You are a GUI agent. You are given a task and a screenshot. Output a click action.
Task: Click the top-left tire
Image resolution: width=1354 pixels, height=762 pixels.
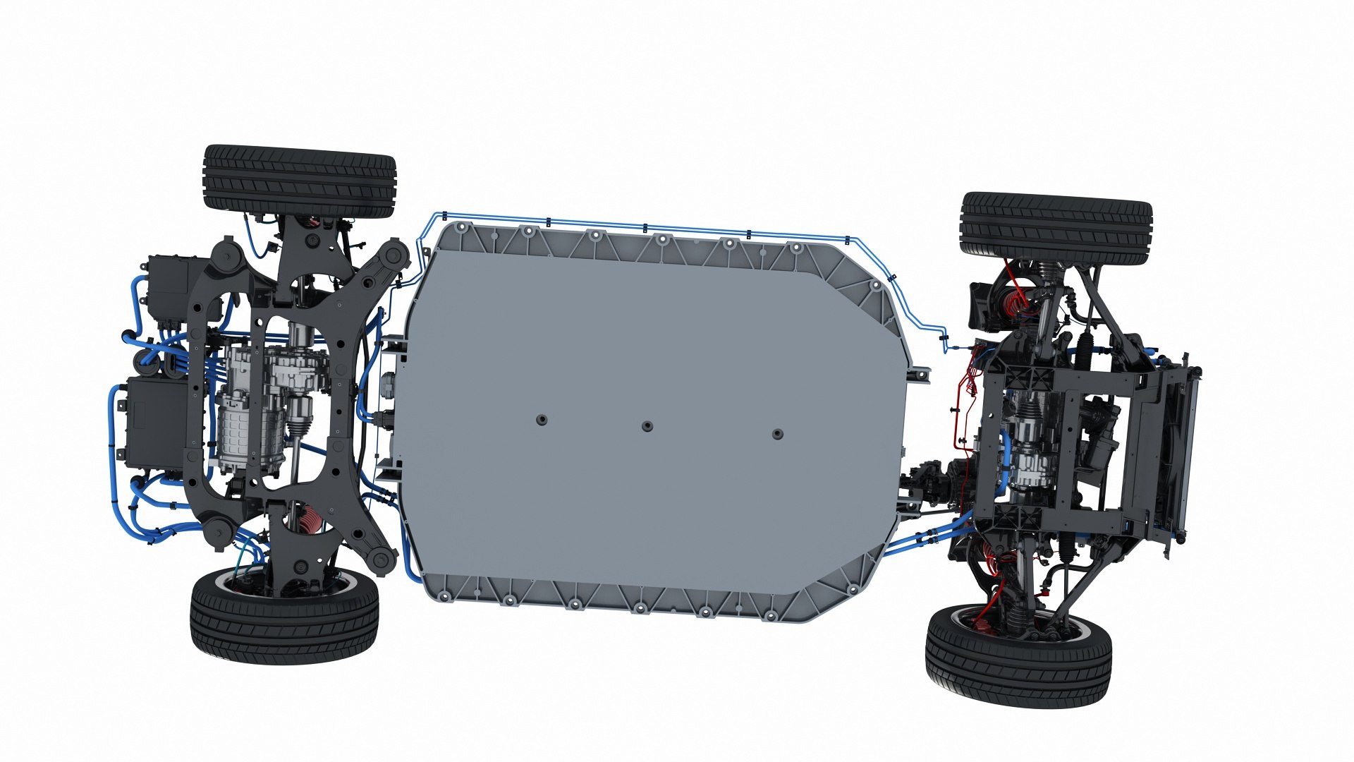point(300,181)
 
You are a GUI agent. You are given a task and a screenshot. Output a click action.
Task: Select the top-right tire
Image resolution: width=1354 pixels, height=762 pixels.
point(1056,224)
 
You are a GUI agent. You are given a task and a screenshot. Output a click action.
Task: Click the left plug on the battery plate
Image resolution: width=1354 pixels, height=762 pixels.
point(541,420)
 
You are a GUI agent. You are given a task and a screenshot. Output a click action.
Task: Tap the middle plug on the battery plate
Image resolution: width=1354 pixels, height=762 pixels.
point(647,426)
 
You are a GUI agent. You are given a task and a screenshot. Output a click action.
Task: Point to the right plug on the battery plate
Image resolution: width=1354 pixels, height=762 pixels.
point(777,434)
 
